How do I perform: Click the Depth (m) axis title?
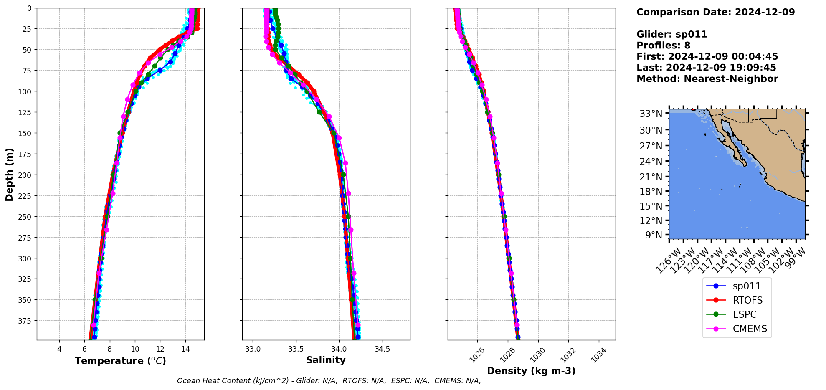click(9, 174)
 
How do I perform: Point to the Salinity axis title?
click(326, 360)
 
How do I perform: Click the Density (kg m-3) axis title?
click(531, 371)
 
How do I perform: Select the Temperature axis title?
click(120, 361)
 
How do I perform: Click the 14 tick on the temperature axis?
click(185, 349)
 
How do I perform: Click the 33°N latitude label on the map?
click(651, 114)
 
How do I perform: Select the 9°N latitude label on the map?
click(654, 235)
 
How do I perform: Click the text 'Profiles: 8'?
click(663, 46)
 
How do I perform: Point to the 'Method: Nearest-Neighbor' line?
click(707, 79)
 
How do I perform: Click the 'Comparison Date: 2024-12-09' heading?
click(715, 12)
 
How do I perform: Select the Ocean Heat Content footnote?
click(329, 381)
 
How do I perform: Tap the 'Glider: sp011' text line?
click(671, 34)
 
